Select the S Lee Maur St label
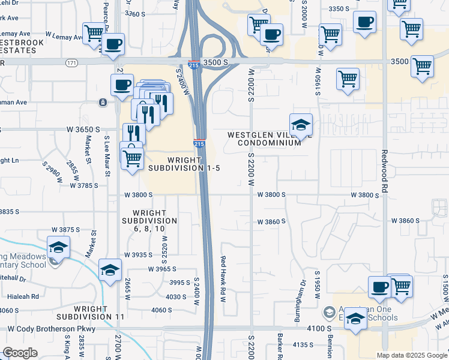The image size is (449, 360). [x=108, y=157]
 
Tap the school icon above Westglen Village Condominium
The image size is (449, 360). [x=301, y=125]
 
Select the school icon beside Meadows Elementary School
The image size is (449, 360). [x=59, y=247]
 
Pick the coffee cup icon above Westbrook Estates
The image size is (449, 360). [x=113, y=44]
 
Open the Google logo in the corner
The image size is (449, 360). [x=20, y=353]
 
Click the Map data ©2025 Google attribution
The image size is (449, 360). [x=412, y=355]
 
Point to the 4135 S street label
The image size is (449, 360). [x=303, y=344]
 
